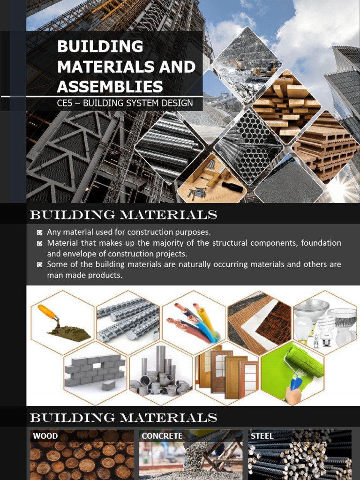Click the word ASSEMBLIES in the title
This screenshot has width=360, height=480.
(110, 86)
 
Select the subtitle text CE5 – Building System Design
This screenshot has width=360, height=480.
(125, 103)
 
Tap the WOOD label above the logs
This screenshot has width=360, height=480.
(45, 436)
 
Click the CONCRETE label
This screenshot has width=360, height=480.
(162, 436)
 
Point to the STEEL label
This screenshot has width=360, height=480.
(262, 436)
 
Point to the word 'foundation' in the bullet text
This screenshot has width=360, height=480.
(321, 243)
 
